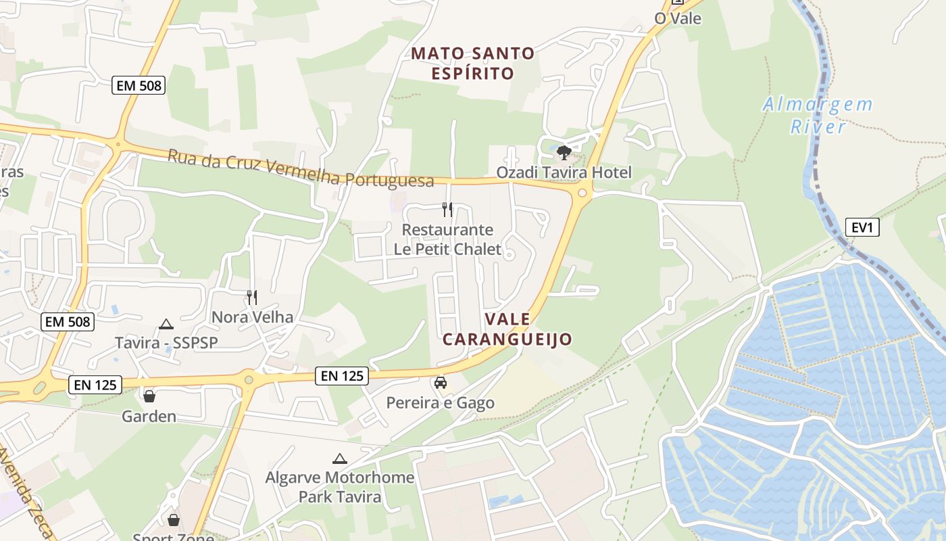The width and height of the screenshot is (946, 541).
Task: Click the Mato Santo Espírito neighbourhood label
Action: pyautogui.click(x=473, y=63)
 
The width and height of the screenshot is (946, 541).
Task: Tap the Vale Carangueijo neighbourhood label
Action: pyautogui.click(x=507, y=329)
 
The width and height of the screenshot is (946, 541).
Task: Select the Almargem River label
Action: pyautogui.click(x=818, y=116)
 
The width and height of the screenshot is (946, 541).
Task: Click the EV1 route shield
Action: pyautogui.click(x=862, y=227)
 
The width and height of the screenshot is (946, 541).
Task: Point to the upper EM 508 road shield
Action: pyautogui.click(x=139, y=85)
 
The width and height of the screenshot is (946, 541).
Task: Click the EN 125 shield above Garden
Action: pyautogui.click(x=95, y=385)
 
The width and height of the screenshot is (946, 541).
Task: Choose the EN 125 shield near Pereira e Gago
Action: pyautogui.click(x=342, y=376)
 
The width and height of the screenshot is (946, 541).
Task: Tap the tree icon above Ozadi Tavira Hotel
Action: pyautogui.click(x=564, y=153)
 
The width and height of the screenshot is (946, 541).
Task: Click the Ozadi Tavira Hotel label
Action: pyautogui.click(x=564, y=172)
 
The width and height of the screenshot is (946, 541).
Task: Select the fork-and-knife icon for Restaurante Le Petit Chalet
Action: pyautogui.click(x=447, y=210)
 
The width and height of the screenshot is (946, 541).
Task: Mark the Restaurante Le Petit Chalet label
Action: pyautogui.click(x=447, y=239)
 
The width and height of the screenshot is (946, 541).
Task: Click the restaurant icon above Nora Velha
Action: pyautogui.click(x=252, y=297)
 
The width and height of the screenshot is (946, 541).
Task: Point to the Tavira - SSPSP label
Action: pyautogui.click(x=166, y=343)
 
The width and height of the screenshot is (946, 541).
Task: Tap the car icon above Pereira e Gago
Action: pyautogui.click(x=441, y=383)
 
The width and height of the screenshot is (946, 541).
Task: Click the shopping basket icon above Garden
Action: pyautogui.click(x=149, y=396)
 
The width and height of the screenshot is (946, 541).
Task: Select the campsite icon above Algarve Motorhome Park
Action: pyautogui.click(x=339, y=458)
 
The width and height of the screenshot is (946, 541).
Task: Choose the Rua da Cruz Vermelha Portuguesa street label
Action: pyautogui.click(x=301, y=168)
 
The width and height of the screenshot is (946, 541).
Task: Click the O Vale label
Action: pyautogui.click(x=678, y=18)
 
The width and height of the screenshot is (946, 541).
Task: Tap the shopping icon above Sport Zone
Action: pyautogui.click(x=174, y=519)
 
